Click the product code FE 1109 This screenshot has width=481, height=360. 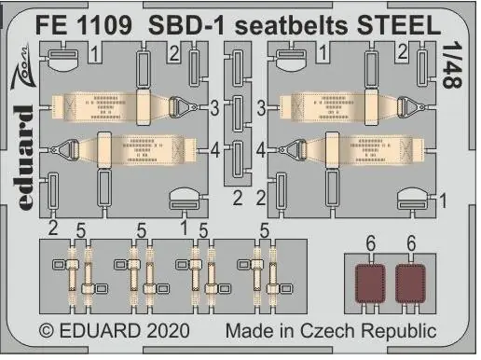[x=83, y=25]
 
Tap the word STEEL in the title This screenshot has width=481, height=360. [x=399, y=24]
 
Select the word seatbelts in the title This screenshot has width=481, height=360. [x=291, y=25]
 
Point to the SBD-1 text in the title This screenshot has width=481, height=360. [x=186, y=25]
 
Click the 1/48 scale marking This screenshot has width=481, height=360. [x=452, y=66]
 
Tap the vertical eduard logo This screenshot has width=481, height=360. [x=24, y=158]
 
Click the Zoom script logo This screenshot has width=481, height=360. [x=21, y=67]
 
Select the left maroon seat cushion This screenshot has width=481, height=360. [x=370, y=284]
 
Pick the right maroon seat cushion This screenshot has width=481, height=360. [x=410, y=284]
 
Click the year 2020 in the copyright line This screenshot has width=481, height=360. [x=168, y=331]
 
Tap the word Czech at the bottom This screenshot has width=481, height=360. [x=327, y=331]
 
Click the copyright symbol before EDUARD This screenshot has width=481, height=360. [x=47, y=331]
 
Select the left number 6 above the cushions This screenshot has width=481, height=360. [x=371, y=243]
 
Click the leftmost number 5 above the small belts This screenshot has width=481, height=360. [x=80, y=230]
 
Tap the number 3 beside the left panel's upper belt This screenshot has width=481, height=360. [x=214, y=108]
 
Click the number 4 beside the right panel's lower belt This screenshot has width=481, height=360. [x=260, y=150]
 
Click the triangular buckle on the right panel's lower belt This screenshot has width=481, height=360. [x=293, y=150]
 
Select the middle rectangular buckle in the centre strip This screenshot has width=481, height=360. [x=238, y=114]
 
